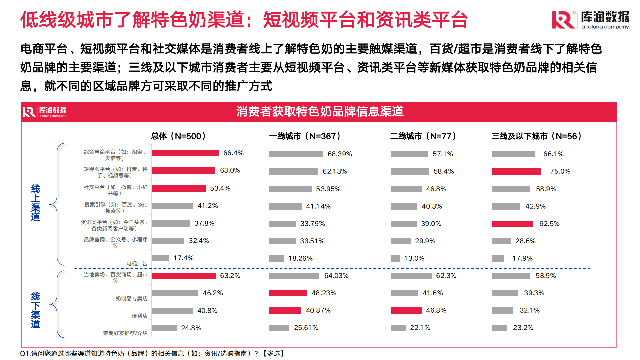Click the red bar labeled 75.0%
pyautogui.click(x=516, y=171)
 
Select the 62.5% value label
pyautogui.click(x=549, y=224)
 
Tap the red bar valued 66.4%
pyautogui.click(x=185, y=153)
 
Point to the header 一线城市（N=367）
pyautogui.click(x=305, y=136)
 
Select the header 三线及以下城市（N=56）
pyautogui.click(x=536, y=136)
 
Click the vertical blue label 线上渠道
pyautogui.click(x=35, y=203)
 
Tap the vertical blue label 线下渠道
pyautogui.click(x=35, y=310)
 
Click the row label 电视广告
pyautogui.click(x=137, y=263)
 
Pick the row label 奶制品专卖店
pyautogui.click(x=131, y=298)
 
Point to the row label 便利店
pyautogui.click(x=139, y=316)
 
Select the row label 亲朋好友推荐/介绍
pyautogui.click(x=125, y=333)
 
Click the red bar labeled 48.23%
pyautogui.click(x=288, y=293)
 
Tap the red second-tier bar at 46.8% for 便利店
pyautogui.click(x=406, y=310)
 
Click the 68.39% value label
pyautogui.click(x=339, y=154)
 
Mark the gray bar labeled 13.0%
pyautogui.click(x=395, y=258)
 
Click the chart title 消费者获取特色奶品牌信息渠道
pyautogui.click(x=320, y=111)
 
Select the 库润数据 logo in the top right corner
pyautogui.click(x=590, y=20)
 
